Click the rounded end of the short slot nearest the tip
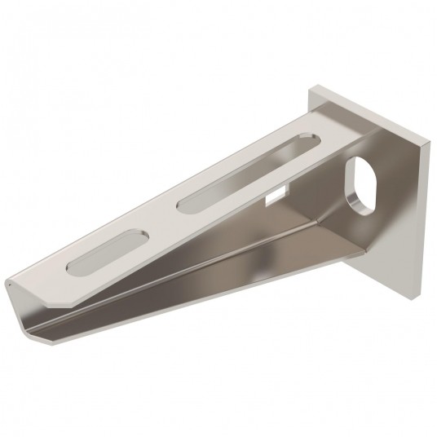75,270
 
